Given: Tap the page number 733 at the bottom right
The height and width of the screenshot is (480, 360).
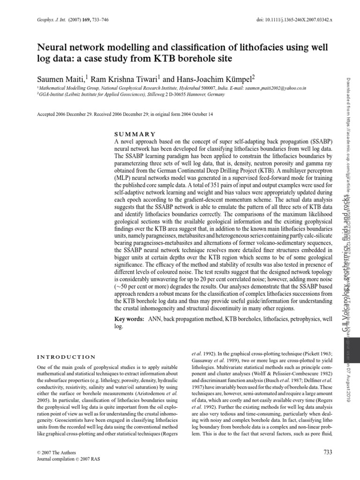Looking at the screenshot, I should (x=328, y=451).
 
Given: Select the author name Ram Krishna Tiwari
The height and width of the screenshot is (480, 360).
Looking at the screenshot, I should (x=126, y=78).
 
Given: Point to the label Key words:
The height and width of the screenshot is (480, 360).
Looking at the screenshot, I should (x=130, y=319).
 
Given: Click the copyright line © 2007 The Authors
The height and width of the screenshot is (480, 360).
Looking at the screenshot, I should (x=56, y=452).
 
